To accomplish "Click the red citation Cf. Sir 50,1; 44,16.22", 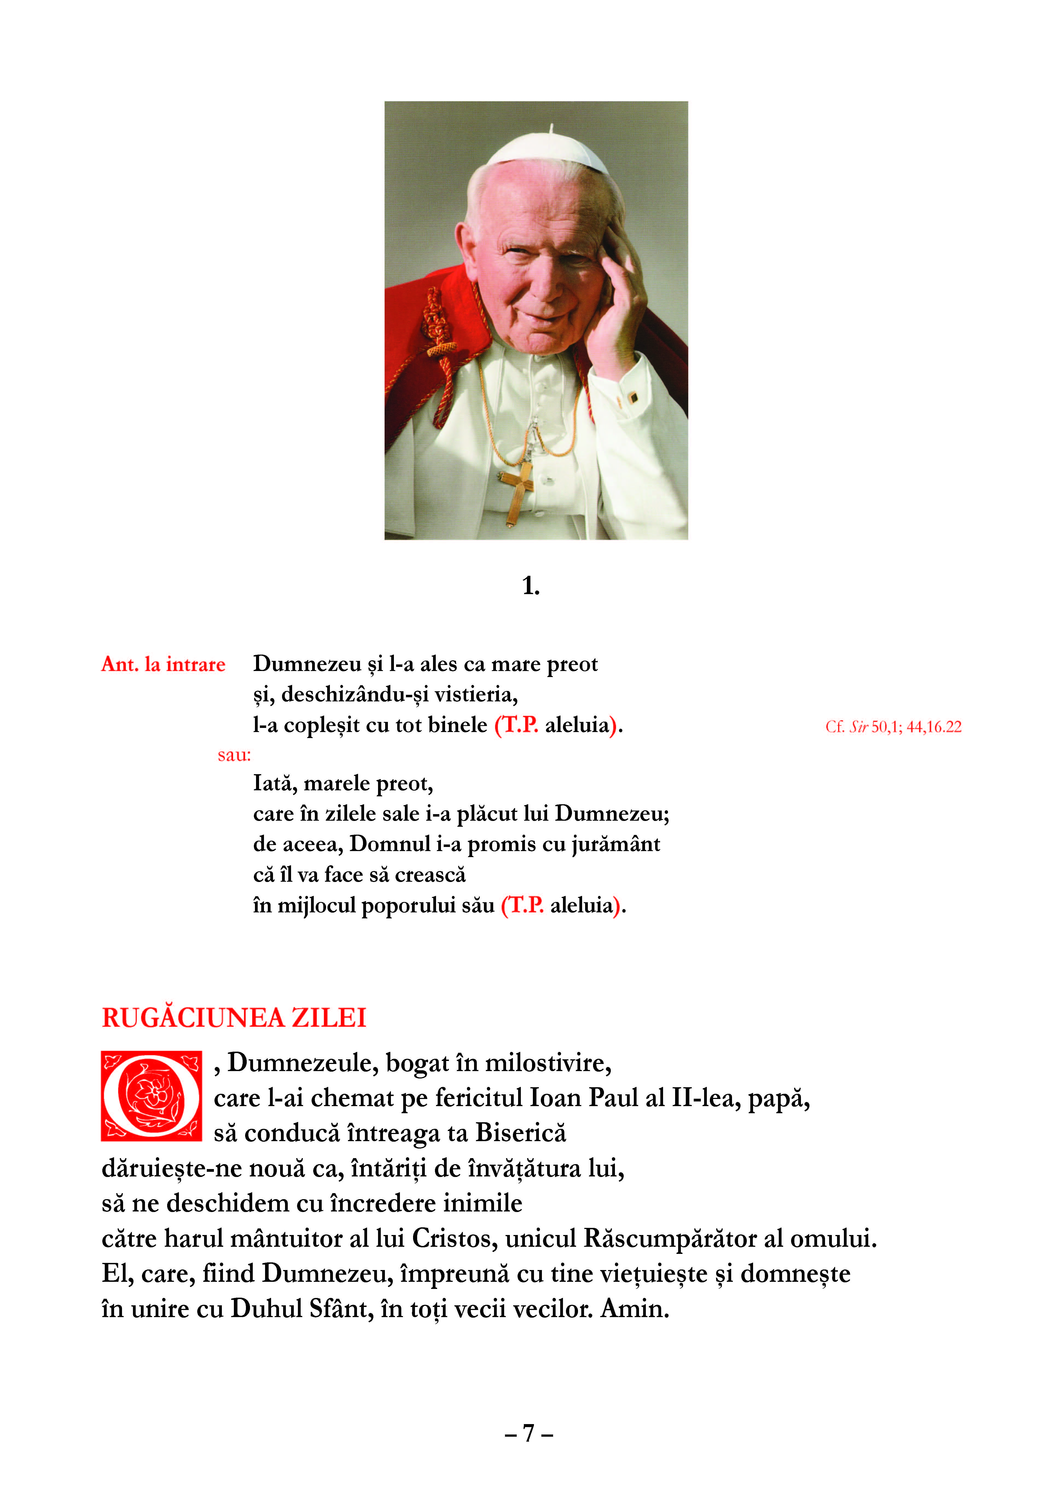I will (x=893, y=727).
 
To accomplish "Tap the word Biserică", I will (x=521, y=1133).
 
